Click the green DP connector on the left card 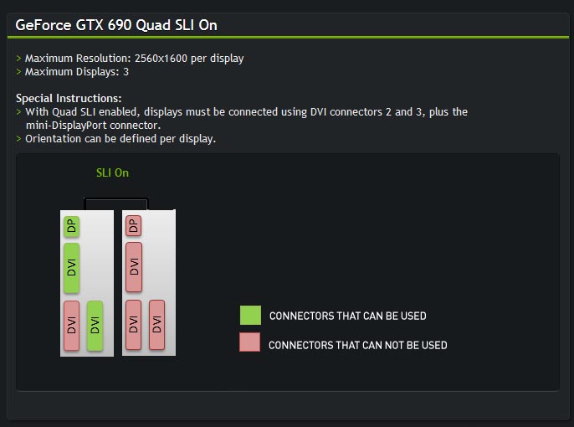point(72,226)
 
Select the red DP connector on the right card point(133,226)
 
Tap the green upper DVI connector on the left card point(72,268)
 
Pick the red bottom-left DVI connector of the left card point(72,326)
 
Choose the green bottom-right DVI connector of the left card point(95,326)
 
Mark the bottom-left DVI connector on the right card point(133,326)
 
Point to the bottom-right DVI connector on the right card point(156,326)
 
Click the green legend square point(250,316)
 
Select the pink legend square point(250,342)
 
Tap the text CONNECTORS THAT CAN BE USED point(347,316)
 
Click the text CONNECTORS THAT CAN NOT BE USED point(358,345)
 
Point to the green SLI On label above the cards point(112,172)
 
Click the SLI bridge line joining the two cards point(116,198)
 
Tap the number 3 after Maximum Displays point(126,72)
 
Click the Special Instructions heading point(69,98)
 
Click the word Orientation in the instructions point(54,138)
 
